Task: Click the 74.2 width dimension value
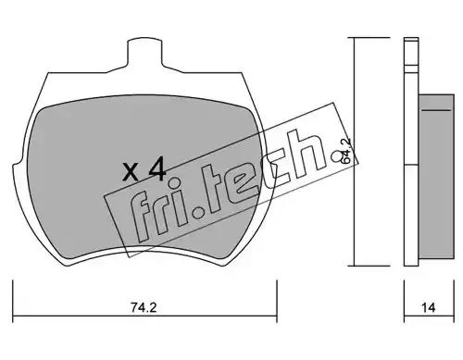click(x=144, y=307)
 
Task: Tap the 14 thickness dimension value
click(x=429, y=307)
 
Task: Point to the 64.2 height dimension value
click(x=346, y=151)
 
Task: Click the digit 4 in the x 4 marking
click(x=157, y=169)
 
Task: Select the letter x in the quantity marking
click(x=130, y=173)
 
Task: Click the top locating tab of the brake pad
click(x=144, y=53)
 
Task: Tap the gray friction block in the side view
click(x=436, y=177)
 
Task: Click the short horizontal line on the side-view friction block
click(x=436, y=110)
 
